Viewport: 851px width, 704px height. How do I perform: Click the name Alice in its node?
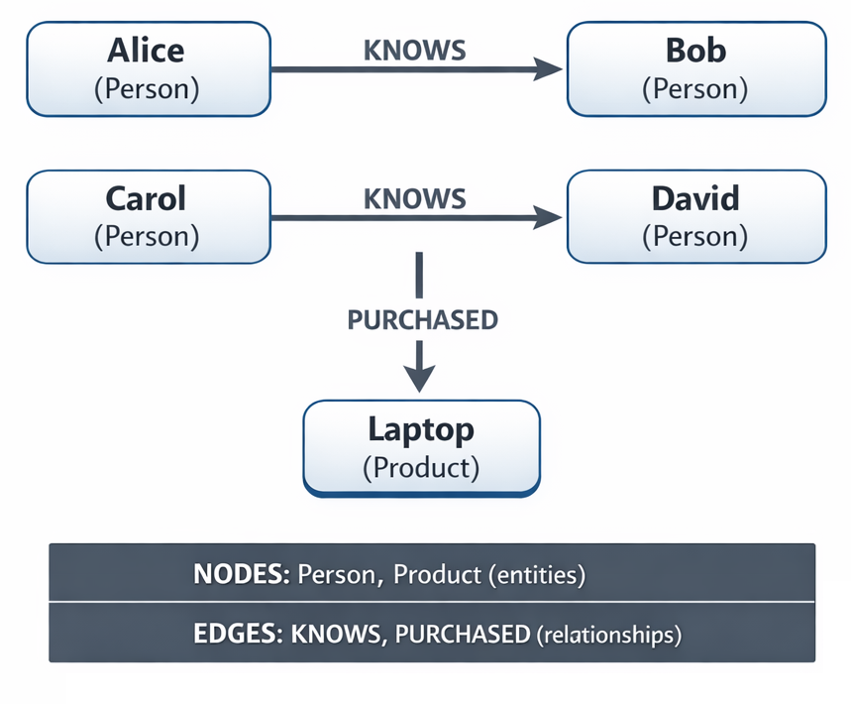(x=147, y=51)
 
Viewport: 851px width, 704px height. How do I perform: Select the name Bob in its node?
(x=695, y=51)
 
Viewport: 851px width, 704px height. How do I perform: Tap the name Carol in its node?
(x=147, y=198)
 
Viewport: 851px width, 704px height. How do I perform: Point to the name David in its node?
(x=695, y=198)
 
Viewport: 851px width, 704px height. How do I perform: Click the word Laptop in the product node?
(x=421, y=429)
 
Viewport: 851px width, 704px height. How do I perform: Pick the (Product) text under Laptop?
(x=421, y=466)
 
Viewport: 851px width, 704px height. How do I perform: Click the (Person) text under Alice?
(x=147, y=88)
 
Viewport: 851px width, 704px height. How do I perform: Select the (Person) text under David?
(x=695, y=236)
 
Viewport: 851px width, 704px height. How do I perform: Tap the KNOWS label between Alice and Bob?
(x=415, y=51)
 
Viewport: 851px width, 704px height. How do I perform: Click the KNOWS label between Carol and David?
(x=415, y=198)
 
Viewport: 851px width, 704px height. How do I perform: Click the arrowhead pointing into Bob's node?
(x=548, y=68)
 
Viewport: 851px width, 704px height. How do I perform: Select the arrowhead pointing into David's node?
(x=548, y=217)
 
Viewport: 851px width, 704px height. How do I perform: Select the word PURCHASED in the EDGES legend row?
(x=463, y=634)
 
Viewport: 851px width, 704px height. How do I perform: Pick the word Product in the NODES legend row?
(x=437, y=573)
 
